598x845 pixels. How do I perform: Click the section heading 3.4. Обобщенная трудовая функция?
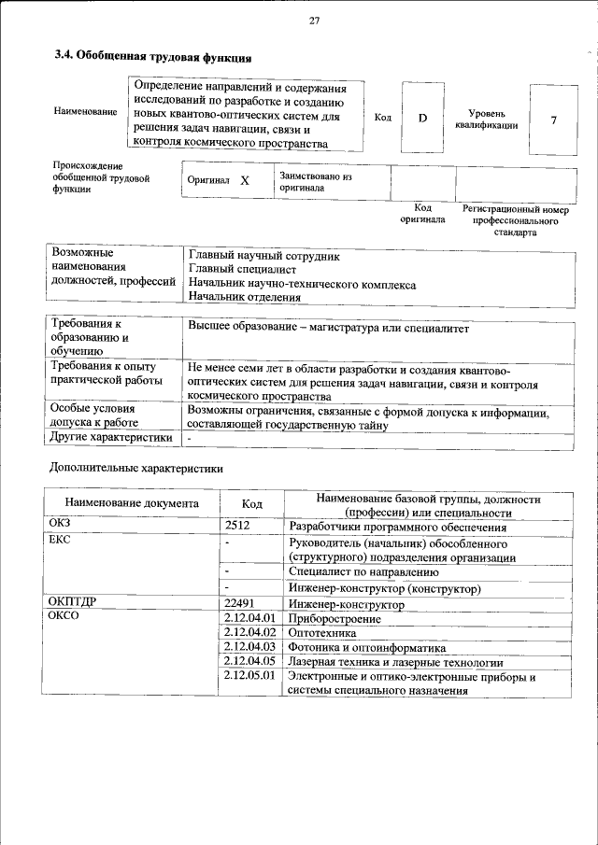(x=153, y=57)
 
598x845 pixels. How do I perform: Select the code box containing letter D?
(x=422, y=119)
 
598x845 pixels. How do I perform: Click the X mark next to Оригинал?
(x=245, y=181)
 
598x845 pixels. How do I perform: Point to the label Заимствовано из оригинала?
(x=315, y=181)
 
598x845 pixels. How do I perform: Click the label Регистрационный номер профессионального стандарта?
(x=515, y=220)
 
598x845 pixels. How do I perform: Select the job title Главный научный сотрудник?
(x=264, y=255)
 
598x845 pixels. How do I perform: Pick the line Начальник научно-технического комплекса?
(x=302, y=284)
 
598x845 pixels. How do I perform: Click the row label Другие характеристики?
(x=111, y=437)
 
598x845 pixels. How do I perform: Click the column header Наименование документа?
(x=132, y=503)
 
